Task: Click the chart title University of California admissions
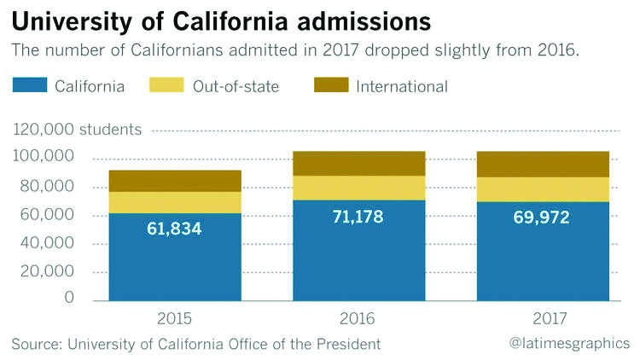221,20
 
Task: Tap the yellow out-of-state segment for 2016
359,188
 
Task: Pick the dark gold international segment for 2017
543,164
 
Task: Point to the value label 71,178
358,217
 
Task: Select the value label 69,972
543,218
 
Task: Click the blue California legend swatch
28,85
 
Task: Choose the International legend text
402,86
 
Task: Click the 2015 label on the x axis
175,320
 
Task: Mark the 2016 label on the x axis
359,320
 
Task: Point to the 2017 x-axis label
543,320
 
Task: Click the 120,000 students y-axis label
77,131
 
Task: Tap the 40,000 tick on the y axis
49,243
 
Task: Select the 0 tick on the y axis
68,299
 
